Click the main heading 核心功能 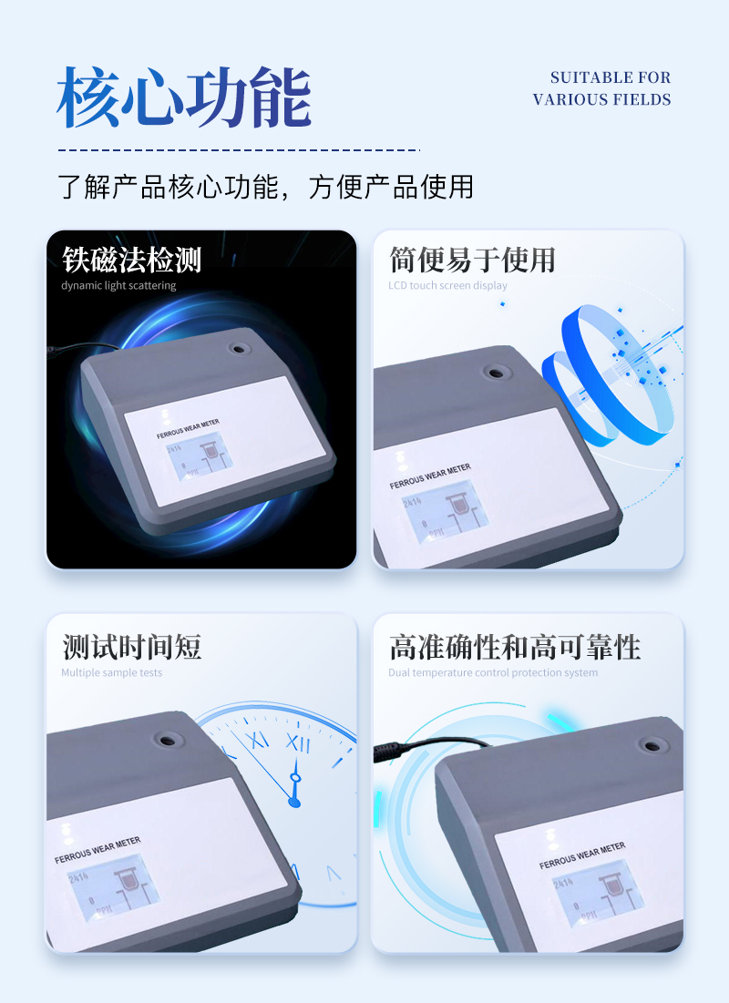coord(184,97)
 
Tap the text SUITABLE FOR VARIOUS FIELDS coord(601,89)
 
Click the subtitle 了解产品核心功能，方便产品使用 coord(266,186)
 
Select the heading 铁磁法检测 coord(131,261)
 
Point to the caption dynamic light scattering coord(118,286)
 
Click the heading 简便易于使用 coord(472,261)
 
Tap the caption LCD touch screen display coord(447,286)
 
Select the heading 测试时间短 coord(131,648)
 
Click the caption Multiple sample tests coord(111,673)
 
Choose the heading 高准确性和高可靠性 coord(515,648)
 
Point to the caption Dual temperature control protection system coord(493,673)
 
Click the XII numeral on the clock coord(298,742)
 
